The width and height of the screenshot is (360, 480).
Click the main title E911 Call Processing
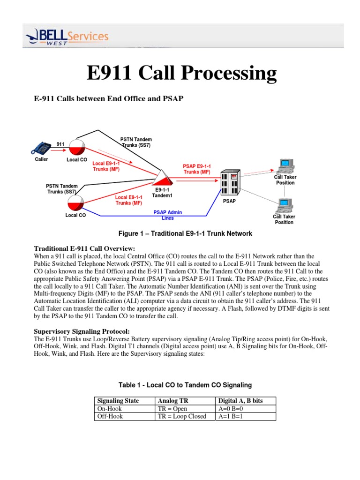click(181, 73)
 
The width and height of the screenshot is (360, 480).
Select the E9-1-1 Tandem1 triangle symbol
click(162, 178)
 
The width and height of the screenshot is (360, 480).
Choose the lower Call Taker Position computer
click(284, 205)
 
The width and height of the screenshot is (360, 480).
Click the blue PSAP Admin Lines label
click(167, 215)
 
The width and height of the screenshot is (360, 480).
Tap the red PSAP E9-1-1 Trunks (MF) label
click(197, 169)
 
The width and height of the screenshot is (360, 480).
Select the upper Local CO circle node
click(76, 147)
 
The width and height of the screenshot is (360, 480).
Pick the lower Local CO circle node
click(75, 202)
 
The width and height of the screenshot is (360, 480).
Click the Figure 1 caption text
click(181, 233)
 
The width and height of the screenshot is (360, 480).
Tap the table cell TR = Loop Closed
click(182, 416)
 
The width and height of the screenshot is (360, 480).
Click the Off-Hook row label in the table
click(109, 416)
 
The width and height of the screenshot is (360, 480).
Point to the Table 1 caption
click(185, 385)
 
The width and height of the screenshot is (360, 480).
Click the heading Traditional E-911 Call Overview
click(85, 248)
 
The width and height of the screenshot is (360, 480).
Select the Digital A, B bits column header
click(241, 401)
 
